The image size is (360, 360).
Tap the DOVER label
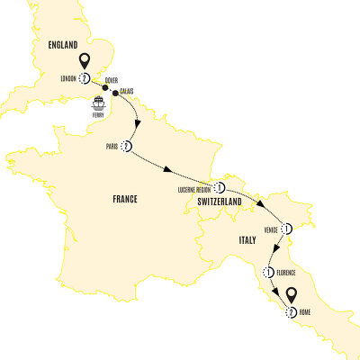pos(110,80)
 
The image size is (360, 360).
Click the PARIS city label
pos(112,148)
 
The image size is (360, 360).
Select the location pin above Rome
pos(292,295)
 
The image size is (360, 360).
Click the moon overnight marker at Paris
pos(130,147)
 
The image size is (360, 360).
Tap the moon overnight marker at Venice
pos(288,228)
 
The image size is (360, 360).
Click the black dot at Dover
pos(106,87)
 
